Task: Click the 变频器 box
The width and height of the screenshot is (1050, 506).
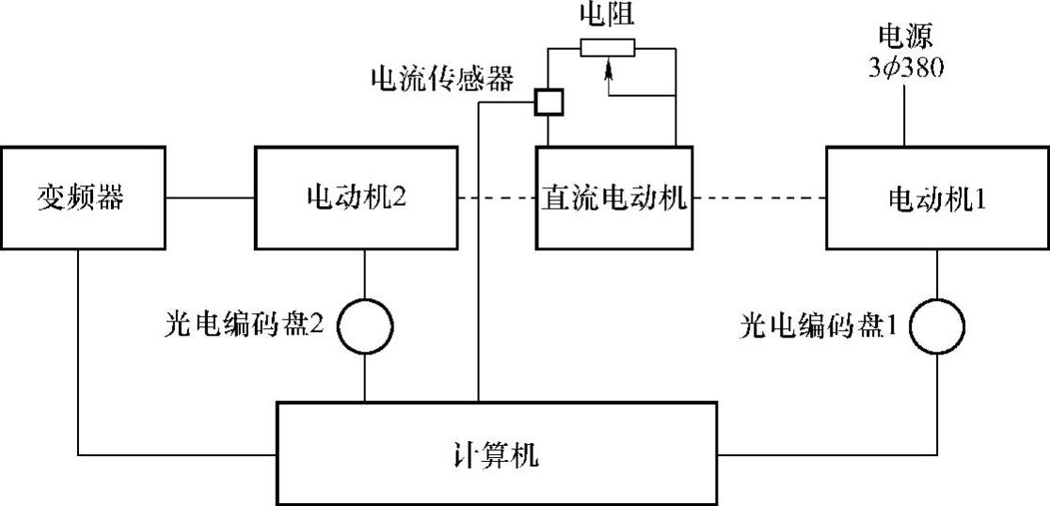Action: click(82, 198)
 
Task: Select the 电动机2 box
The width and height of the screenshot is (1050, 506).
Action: click(357, 198)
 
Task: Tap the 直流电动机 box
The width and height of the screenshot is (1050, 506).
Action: click(615, 198)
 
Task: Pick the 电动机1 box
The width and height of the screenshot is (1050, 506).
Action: click(937, 198)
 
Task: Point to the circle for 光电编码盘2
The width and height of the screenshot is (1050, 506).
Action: click(365, 324)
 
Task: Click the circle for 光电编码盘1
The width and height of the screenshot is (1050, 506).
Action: click(938, 324)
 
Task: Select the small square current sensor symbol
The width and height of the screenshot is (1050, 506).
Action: click(548, 103)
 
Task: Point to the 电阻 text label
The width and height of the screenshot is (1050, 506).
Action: click(608, 13)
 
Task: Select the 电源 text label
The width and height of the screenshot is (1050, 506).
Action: click(904, 38)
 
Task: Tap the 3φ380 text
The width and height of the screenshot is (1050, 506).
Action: click(904, 68)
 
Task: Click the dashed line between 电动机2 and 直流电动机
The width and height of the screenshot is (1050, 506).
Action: click(497, 198)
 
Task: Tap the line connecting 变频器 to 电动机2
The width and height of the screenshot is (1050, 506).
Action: click(209, 198)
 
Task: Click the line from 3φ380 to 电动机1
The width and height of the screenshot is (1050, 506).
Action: click(904, 113)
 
